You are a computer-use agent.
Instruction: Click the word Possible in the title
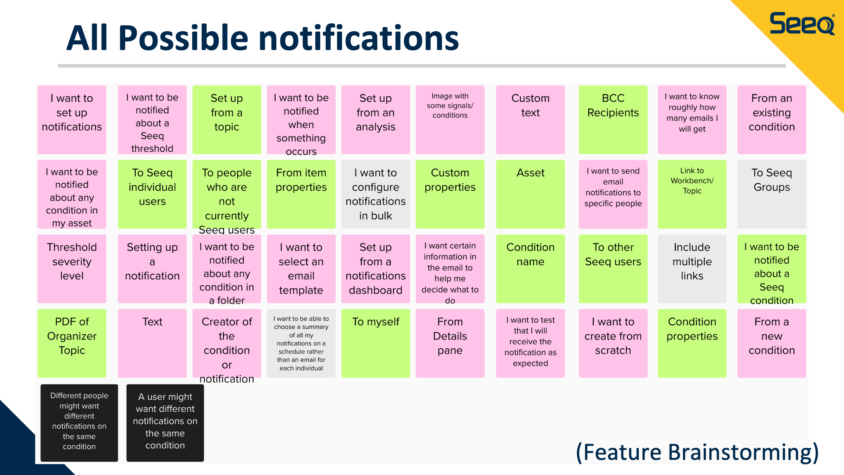click(183, 38)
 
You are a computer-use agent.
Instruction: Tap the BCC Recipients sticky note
click(613, 120)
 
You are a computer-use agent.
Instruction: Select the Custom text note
click(530, 120)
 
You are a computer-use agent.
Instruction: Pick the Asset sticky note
click(530, 194)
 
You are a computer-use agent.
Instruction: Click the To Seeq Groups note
click(772, 194)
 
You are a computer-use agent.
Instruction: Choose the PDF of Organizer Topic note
click(72, 343)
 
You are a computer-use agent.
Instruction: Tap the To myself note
click(376, 343)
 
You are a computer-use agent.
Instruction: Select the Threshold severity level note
click(72, 269)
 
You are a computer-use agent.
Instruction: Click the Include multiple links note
click(692, 269)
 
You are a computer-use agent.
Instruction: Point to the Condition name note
click(530, 269)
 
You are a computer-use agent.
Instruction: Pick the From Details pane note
click(450, 343)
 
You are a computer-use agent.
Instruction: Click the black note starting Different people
click(79, 423)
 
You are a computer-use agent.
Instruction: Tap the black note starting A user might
click(165, 423)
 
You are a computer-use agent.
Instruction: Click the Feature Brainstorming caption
click(698, 452)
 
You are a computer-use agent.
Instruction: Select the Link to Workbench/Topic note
click(692, 194)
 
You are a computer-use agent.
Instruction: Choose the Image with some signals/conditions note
click(450, 120)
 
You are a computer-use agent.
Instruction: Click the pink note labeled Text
click(152, 343)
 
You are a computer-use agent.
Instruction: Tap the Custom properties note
click(450, 194)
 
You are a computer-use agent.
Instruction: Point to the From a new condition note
click(772, 343)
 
